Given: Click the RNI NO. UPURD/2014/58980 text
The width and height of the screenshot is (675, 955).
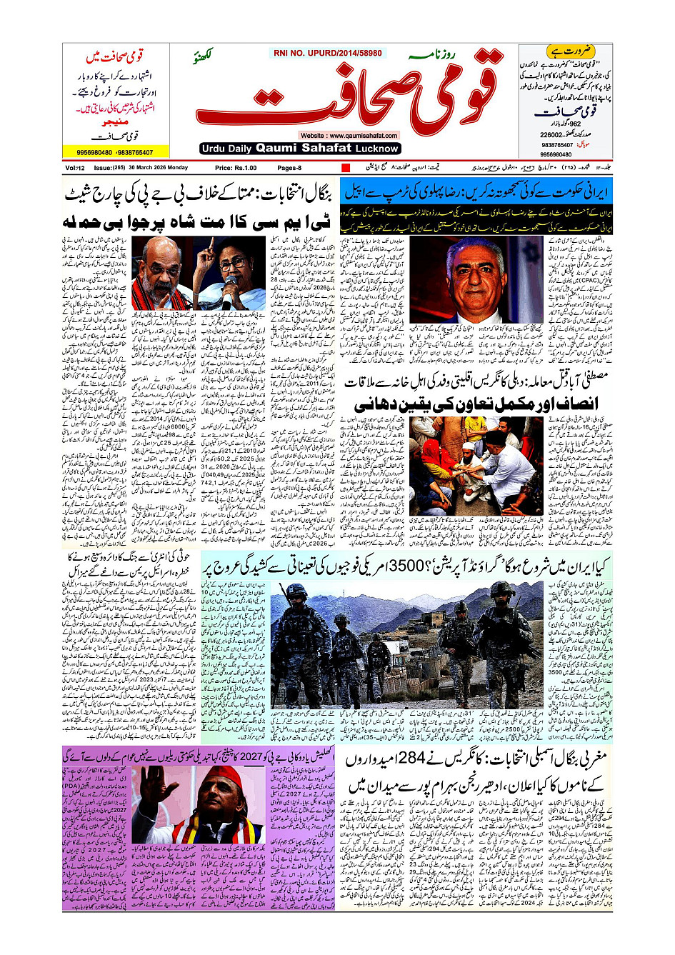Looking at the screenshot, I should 327,53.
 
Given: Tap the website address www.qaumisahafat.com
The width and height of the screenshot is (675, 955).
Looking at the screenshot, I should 349,135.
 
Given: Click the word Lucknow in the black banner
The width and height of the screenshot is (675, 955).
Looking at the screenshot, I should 376,149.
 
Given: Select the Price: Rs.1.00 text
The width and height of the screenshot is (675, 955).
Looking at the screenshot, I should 235,168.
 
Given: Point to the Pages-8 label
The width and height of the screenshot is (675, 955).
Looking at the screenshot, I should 289,168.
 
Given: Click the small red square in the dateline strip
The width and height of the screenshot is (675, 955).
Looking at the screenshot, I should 346,168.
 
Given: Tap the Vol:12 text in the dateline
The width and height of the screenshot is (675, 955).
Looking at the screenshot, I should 75,168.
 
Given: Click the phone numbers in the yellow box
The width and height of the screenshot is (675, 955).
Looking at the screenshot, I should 116,152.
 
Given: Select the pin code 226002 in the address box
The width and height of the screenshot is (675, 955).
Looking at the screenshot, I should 552,135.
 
